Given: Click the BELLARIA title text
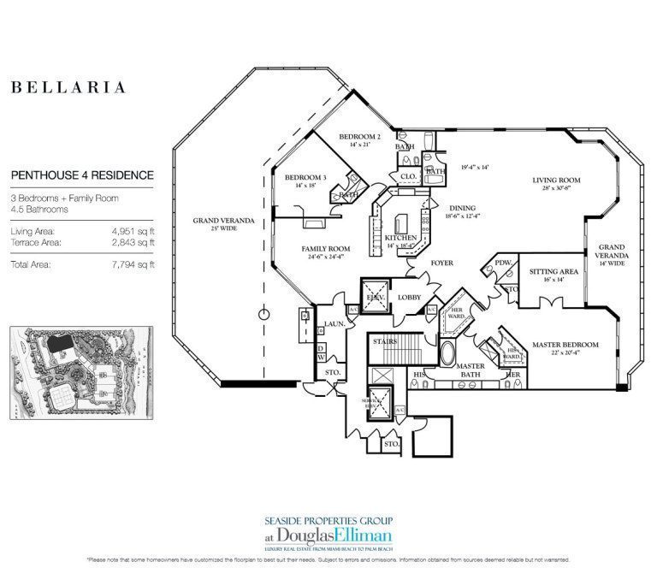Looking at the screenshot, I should pyautogui.click(x=68, y=87).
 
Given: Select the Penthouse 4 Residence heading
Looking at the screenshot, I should pyautogui.click(x=82, y=175).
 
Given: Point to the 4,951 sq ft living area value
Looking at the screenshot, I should pyautogui.click(x=129, y=231).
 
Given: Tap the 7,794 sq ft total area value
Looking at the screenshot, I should pyautogui.click(x=129, y=264).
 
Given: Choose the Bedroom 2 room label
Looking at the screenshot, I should pyautogui.click(x=359, y=137).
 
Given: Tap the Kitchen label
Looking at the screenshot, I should pyautogui.click(x=400, y=238).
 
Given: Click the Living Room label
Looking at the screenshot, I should pyautogui.click(x=557, y=180).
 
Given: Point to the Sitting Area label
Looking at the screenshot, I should pyautogui.click(x=553, y=271).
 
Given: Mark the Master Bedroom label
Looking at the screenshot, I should pyautogui.click(x=565, y=345).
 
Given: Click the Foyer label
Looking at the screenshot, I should pyautogui.click(x=441, y=263).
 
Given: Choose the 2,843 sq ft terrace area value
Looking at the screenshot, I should pyautogui.click(x=129, y=243).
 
